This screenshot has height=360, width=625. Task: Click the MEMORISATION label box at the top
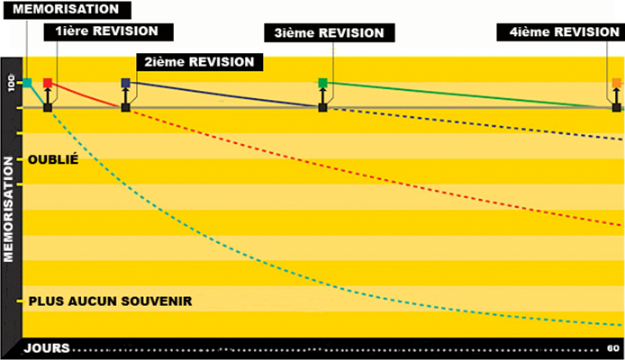coord(66,10)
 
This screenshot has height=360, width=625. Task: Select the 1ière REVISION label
coord(106,31)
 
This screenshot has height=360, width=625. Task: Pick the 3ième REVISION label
coord(329,32)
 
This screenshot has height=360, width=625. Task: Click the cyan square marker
coord(27,83)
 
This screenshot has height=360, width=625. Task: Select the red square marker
coord(48,84)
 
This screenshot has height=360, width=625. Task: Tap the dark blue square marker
coord(125,84)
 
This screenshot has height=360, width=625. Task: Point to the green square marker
coord(322,84)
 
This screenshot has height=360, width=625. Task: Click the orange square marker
coord(617,84)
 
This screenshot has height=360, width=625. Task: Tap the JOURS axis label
coord(42,348)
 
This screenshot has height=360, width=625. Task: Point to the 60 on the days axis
coord(612,348)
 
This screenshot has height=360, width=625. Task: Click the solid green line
coord(468,94)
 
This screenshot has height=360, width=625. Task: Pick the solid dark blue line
coord(225,95)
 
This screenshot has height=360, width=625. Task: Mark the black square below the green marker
coord(322,108)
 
